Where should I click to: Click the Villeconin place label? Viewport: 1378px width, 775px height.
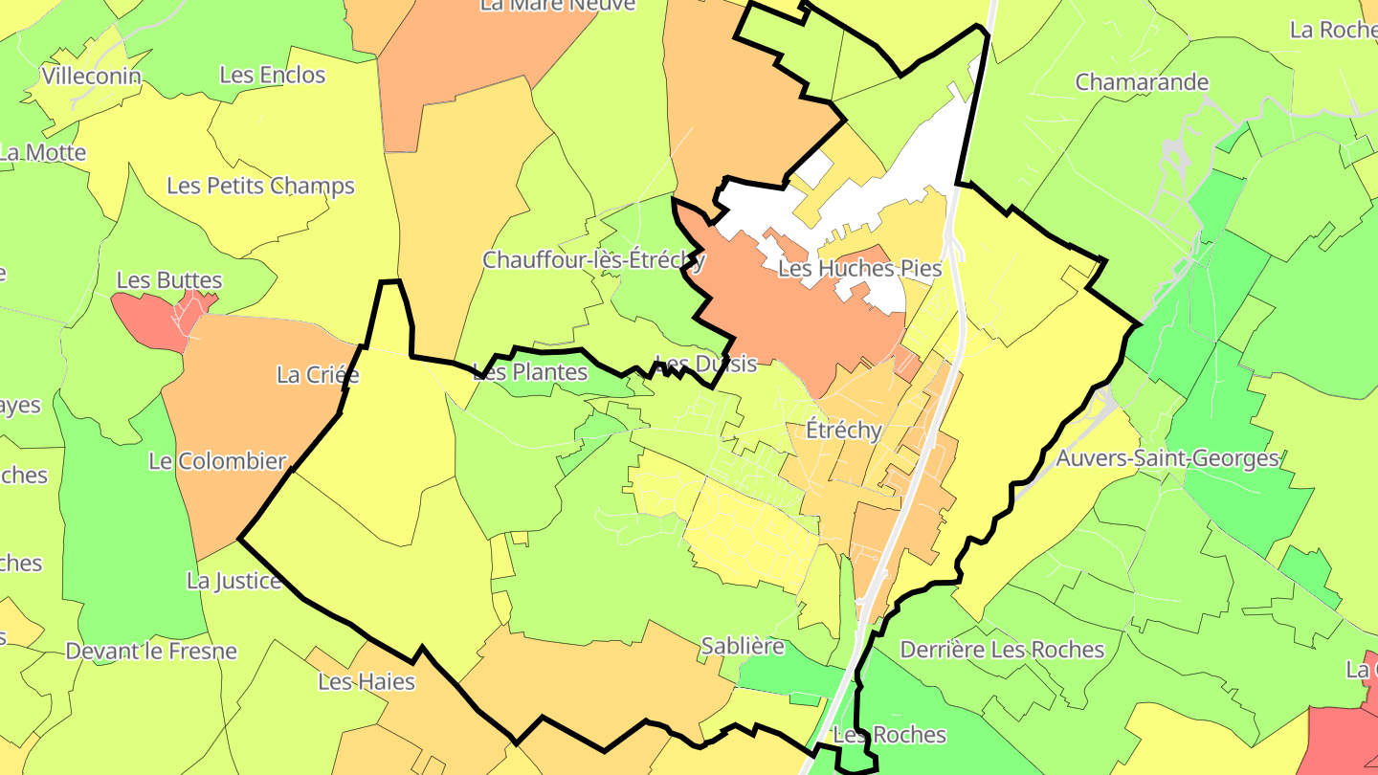[92, 77]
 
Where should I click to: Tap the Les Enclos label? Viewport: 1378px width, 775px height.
[273, 75]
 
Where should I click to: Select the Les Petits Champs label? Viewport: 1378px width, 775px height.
[260, 186]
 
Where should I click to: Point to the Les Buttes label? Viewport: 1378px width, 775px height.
[169, 280]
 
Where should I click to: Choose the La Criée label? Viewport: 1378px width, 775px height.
[318, 375]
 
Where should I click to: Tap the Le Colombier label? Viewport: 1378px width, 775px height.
[217, 461]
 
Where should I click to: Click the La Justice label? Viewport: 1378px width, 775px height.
[233, 581]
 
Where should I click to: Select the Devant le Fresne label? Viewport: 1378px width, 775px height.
[151, 652]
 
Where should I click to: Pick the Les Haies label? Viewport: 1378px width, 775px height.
[367, 682]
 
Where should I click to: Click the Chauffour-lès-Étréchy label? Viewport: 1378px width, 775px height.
[593, 260]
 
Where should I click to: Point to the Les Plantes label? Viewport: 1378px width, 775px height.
[530, 372]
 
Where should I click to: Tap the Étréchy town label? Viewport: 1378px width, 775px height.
[843, 431]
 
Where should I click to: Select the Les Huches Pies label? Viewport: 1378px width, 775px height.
[859, 269]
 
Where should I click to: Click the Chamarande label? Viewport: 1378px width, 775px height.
[1142, 82]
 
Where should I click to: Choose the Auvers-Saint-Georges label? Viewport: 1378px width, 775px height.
[1167, 459]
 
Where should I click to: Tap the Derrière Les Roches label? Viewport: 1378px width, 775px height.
[1002, 651]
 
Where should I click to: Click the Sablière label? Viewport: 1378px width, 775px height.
[743, 646]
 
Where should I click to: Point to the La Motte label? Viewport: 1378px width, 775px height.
[44, 153]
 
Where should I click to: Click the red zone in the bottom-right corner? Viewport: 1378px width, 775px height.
[1340, 737]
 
